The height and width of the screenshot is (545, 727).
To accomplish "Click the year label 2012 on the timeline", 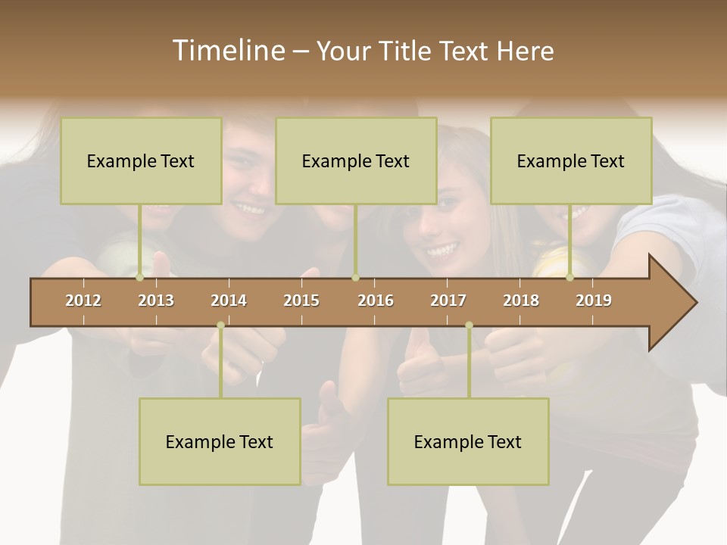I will (83, 301).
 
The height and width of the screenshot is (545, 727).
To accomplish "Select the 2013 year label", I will (156, 301).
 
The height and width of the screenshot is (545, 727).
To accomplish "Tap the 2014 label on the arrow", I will (229, 301).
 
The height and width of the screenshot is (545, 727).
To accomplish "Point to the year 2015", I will (301, 301).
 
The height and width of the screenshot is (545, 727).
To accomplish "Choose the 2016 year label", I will (376, 301).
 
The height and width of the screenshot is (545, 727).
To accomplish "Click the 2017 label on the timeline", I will (448, 301).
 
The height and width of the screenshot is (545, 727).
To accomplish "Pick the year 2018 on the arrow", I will (521, 301).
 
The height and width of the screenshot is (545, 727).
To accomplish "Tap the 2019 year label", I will (594, 301).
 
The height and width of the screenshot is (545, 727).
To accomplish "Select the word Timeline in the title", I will (227, 51).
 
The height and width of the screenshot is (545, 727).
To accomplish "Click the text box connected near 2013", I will (141, 160).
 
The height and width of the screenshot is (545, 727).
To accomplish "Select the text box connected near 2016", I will (356, 160).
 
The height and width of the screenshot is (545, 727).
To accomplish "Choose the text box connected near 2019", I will (571, 160).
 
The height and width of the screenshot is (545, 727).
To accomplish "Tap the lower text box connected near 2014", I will (220, 441).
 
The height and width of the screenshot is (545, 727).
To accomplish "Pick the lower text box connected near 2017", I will (468, 441).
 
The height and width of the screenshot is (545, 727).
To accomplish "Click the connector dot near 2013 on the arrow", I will (140, 278).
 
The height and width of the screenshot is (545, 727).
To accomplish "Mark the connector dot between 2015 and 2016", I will (355, 278).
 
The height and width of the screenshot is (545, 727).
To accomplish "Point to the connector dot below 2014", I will (220, 325).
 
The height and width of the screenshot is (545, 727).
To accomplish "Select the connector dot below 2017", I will (469, 325).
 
